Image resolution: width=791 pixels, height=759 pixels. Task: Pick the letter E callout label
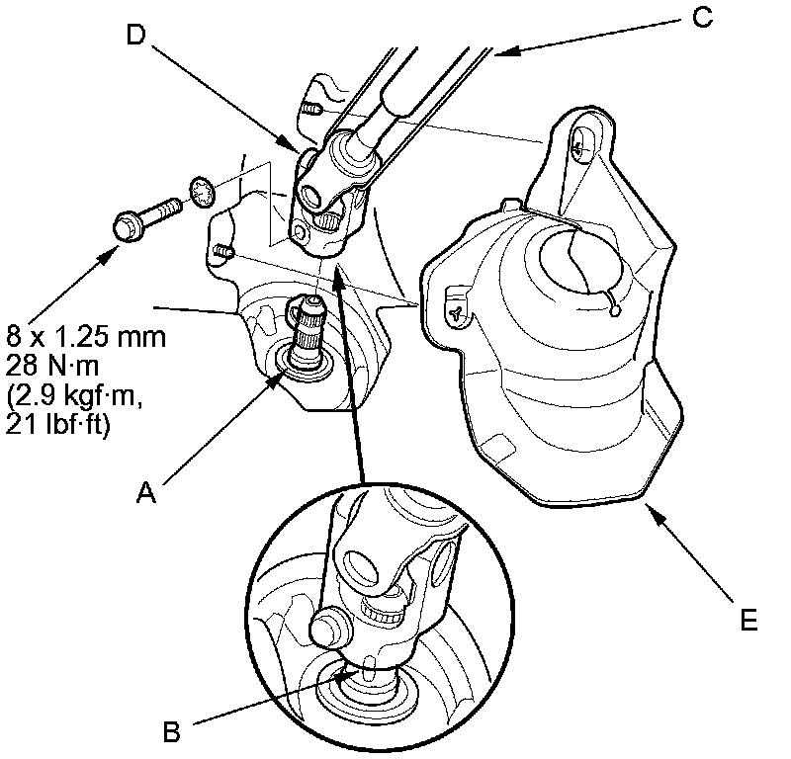coord(749,622)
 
